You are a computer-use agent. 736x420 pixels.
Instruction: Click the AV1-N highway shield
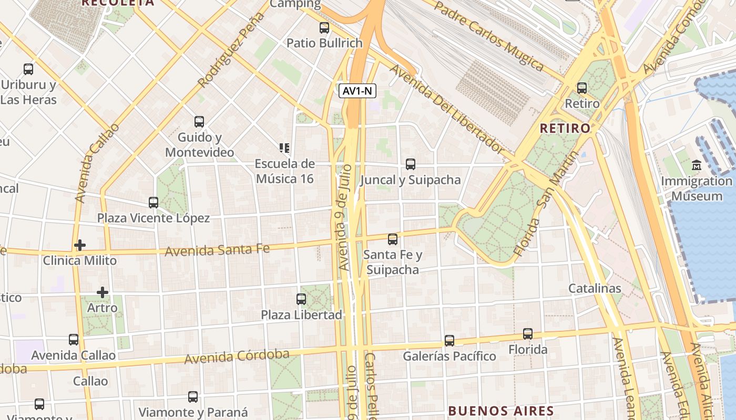tap(357, 91)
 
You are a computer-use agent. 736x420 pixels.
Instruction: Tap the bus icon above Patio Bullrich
tap(324, 28)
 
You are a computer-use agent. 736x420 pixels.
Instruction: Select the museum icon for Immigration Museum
tap(697, 166)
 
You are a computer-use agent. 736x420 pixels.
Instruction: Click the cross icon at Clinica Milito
tap(80, 245)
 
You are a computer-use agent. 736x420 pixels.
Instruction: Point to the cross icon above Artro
tap(103, 292)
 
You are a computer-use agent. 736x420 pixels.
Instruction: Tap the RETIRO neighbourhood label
tap(565, 128)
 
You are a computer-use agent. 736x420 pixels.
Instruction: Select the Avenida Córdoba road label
tap(237, 357)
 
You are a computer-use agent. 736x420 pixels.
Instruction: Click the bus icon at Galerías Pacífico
tap(449, 341)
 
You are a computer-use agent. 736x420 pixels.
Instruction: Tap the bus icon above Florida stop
tap(528, 334)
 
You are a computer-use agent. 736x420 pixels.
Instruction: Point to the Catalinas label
tap(595, 288)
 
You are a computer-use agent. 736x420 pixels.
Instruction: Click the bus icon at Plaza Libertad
tap(301, 299)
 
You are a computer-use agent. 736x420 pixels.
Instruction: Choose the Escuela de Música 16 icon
tap(284, 148)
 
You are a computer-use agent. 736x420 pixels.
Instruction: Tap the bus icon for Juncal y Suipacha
tap(411, 164)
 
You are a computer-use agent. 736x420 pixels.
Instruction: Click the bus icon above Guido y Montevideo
tap(199, 122)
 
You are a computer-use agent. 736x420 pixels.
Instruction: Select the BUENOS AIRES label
tap(500, 411)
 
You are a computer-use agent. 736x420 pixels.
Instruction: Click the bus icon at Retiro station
tap(582, 88)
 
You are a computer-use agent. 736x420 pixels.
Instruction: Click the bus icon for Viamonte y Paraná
tap(193, 397)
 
